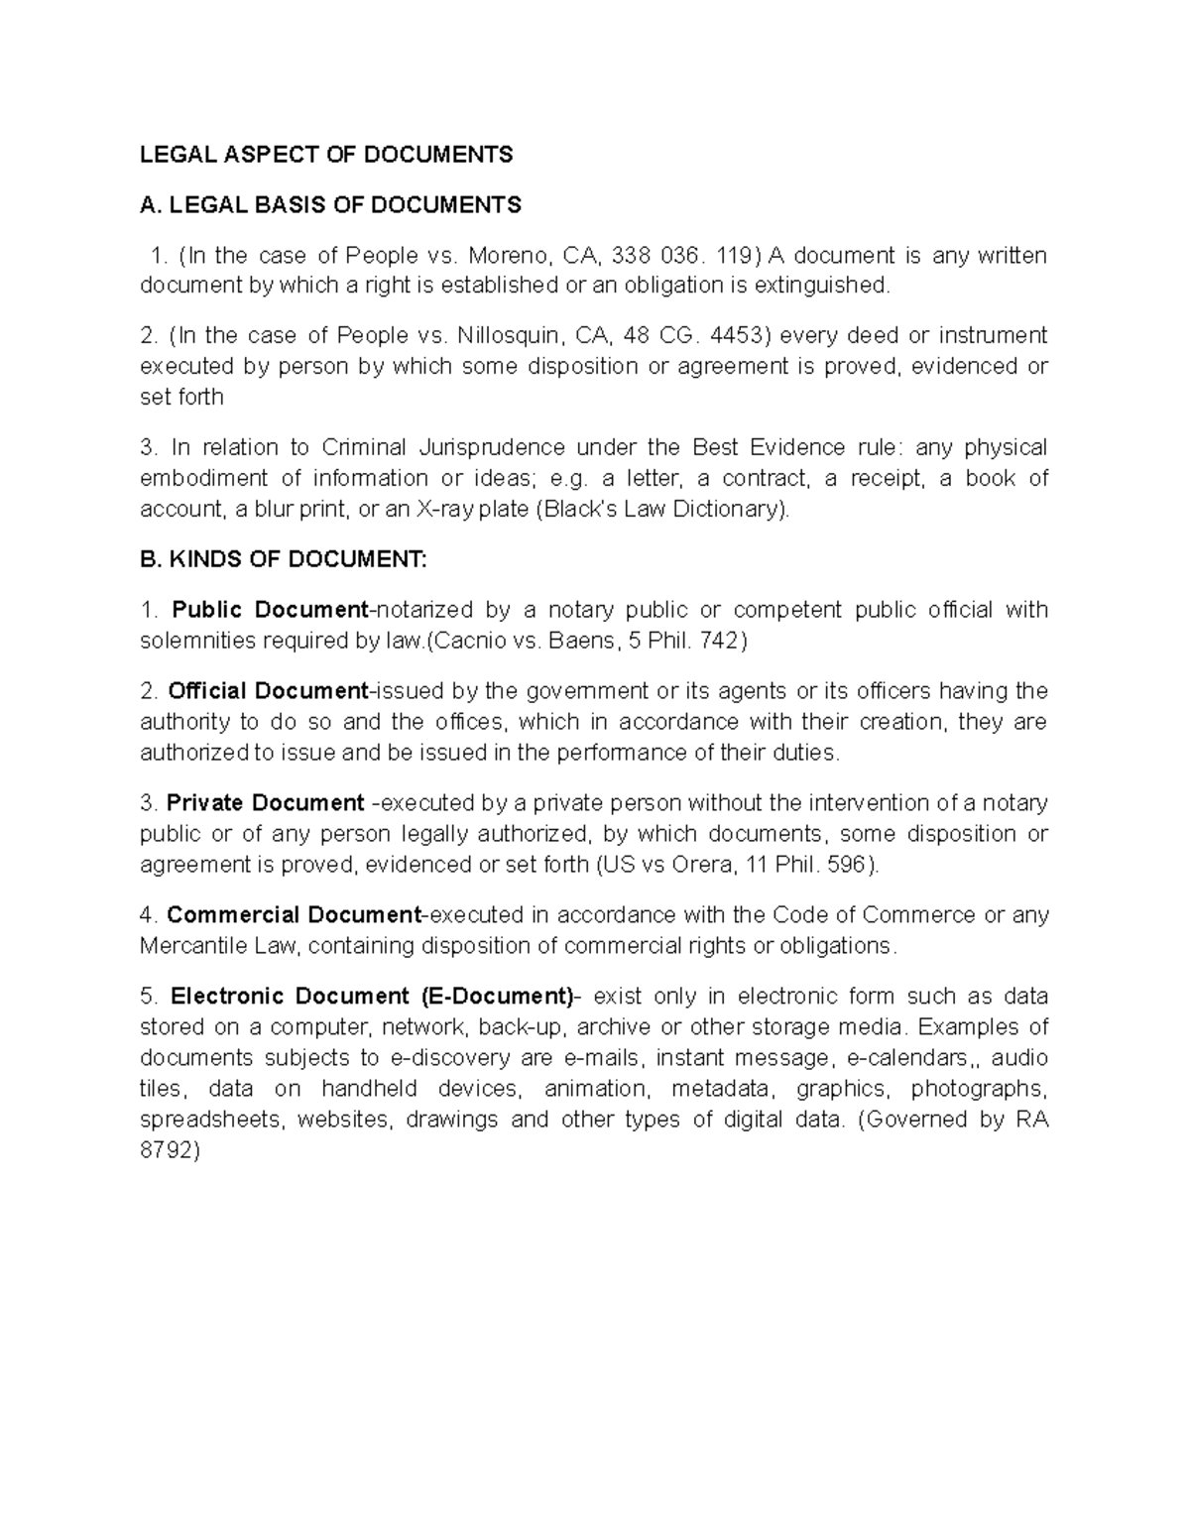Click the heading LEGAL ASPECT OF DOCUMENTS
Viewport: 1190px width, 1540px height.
pyautogui.click(x=326, y=154)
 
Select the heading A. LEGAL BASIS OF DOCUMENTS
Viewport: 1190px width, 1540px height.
pyautogui.click(x=330, y=205)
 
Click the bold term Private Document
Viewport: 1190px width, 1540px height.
pyautogui.click(x=266, y=802)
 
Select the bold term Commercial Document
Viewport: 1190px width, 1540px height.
pyautogui.click(x=294, y=914)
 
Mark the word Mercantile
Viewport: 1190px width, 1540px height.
pyautogui.click(x=189, y=946)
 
